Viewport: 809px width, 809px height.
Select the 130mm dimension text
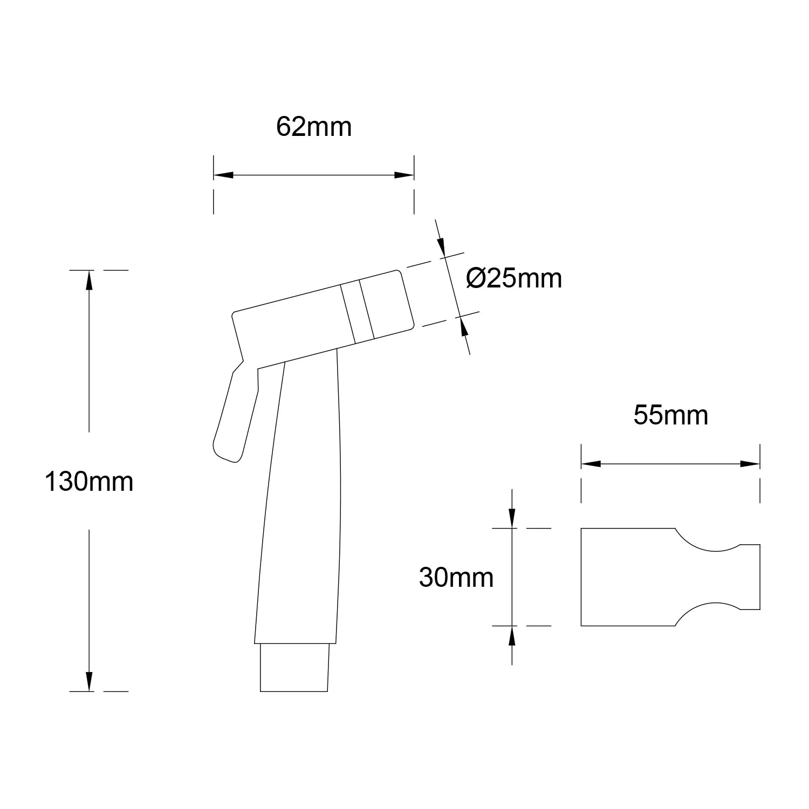pos(89,482)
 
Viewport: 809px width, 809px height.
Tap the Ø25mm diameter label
pos(514,279)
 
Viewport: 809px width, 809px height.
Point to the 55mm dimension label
pos(670,416)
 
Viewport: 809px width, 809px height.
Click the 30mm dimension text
pos(456,578)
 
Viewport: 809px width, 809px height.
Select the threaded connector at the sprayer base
pos(294,667)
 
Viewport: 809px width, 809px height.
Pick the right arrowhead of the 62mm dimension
pos(404,175)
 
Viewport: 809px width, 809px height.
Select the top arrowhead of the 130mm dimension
pos(89,280)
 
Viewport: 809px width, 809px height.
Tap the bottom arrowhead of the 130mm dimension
pos(89,681)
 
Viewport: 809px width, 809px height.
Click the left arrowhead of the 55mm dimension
pos(591,464)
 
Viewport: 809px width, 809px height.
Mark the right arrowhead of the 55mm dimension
pos(750,464)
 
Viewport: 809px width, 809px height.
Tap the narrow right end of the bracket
pos(750,577)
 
